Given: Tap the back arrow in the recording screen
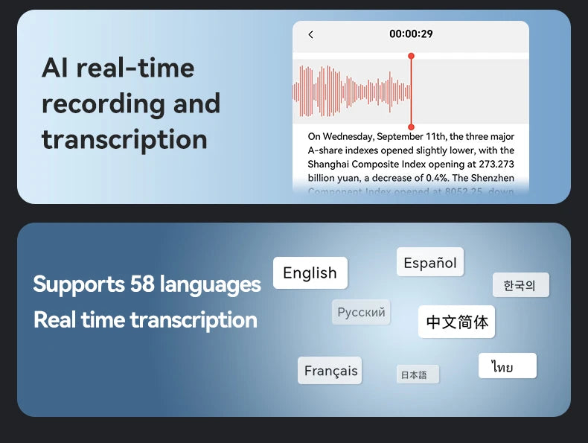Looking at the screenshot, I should tap(310, 34).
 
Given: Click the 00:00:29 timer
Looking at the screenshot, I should tap(411, 34).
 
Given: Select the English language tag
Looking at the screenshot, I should tap(310, 273).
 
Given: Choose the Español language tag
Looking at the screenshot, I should tap(430, 263).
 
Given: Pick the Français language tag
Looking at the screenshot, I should tap(330, 371).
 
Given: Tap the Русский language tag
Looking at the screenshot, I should tap(361, 313).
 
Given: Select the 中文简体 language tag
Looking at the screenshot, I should tap(457, 322).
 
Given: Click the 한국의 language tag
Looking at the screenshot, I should tap(520, 285).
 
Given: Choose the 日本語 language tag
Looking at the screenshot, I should tap(414, 375).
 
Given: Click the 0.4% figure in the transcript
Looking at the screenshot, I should tap(436, 177).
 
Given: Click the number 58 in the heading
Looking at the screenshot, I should tap(142, 284).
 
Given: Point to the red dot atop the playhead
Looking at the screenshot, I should tap(411, 56).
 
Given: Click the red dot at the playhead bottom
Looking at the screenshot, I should tap(411, 127).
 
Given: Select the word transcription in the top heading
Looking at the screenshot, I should tap(124, 139).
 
